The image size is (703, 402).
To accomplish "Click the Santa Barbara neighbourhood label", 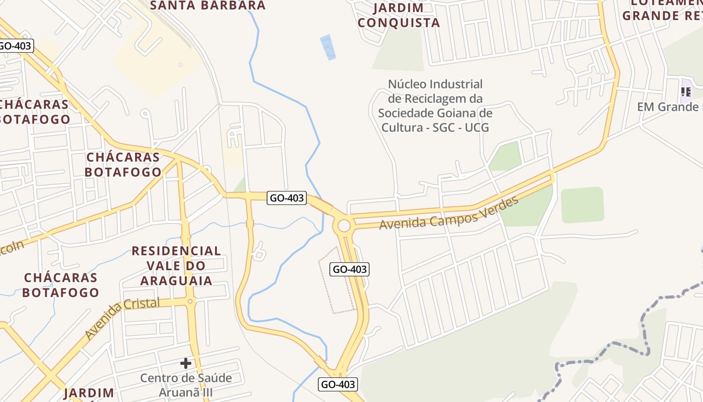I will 208,6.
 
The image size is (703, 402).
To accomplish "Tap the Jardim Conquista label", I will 399,16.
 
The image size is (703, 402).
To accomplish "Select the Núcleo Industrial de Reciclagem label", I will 435,106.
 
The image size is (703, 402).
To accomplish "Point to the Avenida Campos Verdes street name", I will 448,214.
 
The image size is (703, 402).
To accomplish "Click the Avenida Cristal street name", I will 122,318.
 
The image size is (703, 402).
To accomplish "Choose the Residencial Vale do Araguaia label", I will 176,265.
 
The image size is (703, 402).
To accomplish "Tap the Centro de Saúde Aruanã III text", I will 186,385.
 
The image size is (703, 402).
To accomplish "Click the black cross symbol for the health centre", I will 186,363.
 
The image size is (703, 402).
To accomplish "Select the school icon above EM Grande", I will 685,92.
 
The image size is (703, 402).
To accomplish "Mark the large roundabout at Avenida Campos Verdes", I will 344,226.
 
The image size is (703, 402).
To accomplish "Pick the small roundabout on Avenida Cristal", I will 190,301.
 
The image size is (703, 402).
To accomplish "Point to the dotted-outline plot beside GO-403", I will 337,279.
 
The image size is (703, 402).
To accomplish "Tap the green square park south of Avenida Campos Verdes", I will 582,205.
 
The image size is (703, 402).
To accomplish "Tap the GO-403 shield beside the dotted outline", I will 350,269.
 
